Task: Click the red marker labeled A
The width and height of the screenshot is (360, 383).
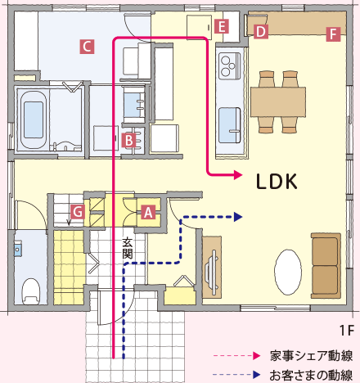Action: [148, 212]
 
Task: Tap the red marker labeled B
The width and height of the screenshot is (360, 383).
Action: [128, 141]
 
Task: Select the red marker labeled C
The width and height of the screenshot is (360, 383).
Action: [87, 47]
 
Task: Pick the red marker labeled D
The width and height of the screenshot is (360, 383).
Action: [261, 32]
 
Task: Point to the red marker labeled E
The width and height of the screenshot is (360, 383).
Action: [222, 27]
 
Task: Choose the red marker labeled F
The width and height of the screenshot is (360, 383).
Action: [333, 34]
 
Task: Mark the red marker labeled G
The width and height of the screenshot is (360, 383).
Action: [78, 212]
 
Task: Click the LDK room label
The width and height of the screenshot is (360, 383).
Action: [277, 182]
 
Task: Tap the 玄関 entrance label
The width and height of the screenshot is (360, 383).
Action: [128, 248]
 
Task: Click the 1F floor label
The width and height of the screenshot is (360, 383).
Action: [347, 331]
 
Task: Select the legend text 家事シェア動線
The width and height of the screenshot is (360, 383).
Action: [311, 356]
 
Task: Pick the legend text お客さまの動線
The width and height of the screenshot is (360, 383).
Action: [311, 375]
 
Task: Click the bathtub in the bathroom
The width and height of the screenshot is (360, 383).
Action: [34, 119]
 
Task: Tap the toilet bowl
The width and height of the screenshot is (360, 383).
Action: [30, 291]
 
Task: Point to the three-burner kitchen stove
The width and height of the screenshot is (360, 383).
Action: [230, 66]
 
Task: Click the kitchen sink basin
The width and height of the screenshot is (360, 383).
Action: [230, 125]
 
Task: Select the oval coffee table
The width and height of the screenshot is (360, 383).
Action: [288, 272]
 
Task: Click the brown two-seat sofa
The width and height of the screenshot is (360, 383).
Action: [326, 266]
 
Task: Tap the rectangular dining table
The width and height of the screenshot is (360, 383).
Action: [278, 102]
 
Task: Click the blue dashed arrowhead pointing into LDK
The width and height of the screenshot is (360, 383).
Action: [238, 217]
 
